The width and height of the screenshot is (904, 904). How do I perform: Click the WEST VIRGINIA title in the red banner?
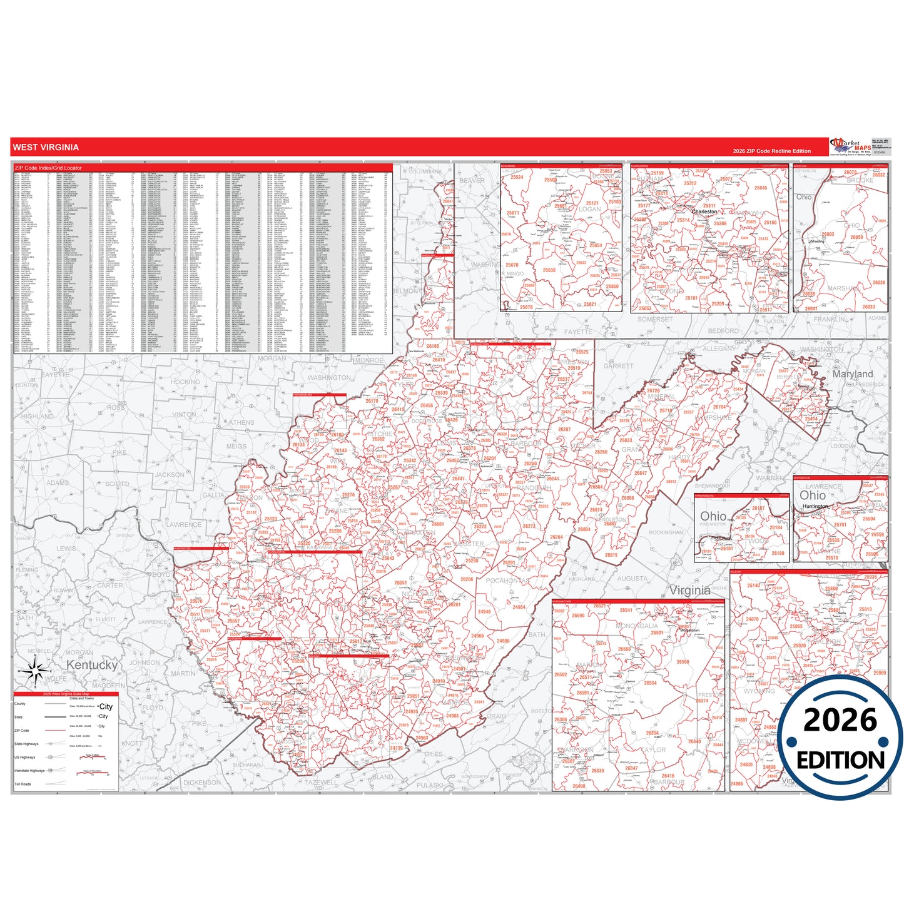pos(46,148)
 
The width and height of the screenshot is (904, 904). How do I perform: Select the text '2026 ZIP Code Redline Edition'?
pos(771,151)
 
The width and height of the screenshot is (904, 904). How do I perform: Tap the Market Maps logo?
pos(850,146)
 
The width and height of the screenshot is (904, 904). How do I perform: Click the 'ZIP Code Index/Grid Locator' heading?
pos(48,168)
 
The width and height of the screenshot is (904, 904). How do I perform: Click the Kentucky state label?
pos(91,664)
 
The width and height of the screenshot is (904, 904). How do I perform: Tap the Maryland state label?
pos(852,374)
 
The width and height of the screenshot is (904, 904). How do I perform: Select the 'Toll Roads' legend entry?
pos(23,784)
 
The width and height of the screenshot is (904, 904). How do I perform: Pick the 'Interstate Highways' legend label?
pos(29,771)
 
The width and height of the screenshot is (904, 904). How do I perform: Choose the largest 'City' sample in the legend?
pos(106,706)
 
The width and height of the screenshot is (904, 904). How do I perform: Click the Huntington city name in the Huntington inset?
pos(815,506)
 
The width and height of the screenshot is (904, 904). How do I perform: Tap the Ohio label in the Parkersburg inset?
pos(713,516)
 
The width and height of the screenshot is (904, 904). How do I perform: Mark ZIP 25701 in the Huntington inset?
pos(840,525)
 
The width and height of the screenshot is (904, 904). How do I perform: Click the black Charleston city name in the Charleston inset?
pos(704,212)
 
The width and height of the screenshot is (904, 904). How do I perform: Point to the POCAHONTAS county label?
pos(507,581)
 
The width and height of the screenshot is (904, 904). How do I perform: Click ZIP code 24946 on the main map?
pos(484,612)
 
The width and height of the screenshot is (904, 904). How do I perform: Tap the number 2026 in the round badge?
pos(840,721)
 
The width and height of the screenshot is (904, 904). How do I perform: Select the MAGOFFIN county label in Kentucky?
pos(108,686)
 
